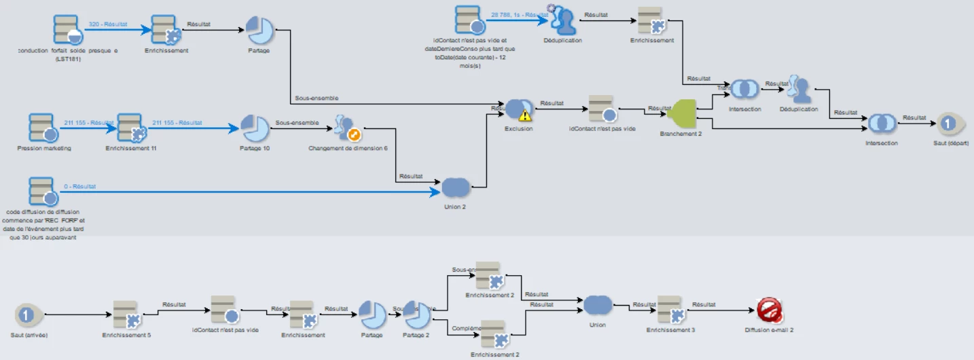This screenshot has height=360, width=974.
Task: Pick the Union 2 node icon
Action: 455,187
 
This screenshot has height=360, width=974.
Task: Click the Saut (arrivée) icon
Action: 26,315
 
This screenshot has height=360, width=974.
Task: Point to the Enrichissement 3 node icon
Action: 670,310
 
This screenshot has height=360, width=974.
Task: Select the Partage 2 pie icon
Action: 416,314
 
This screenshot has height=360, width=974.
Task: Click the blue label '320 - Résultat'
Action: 108,24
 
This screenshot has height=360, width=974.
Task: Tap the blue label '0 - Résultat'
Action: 80,186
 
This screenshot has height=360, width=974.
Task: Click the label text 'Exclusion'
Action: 519,128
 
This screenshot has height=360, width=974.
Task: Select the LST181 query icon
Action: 67,29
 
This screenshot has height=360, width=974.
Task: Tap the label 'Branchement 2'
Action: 681,134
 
